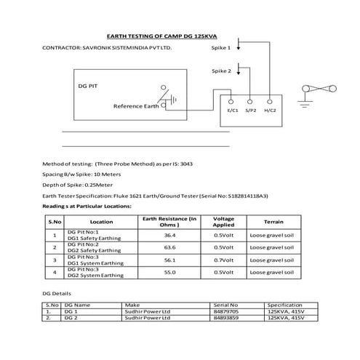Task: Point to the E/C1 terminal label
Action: [233, 110]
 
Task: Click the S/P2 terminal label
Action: [251, 110]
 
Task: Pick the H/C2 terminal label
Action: [270, 110]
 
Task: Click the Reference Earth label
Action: [136, 106]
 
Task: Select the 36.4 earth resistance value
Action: [169, 236]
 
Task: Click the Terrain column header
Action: [273, 221]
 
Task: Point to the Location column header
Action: [101, 221]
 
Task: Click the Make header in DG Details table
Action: [132, 304]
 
